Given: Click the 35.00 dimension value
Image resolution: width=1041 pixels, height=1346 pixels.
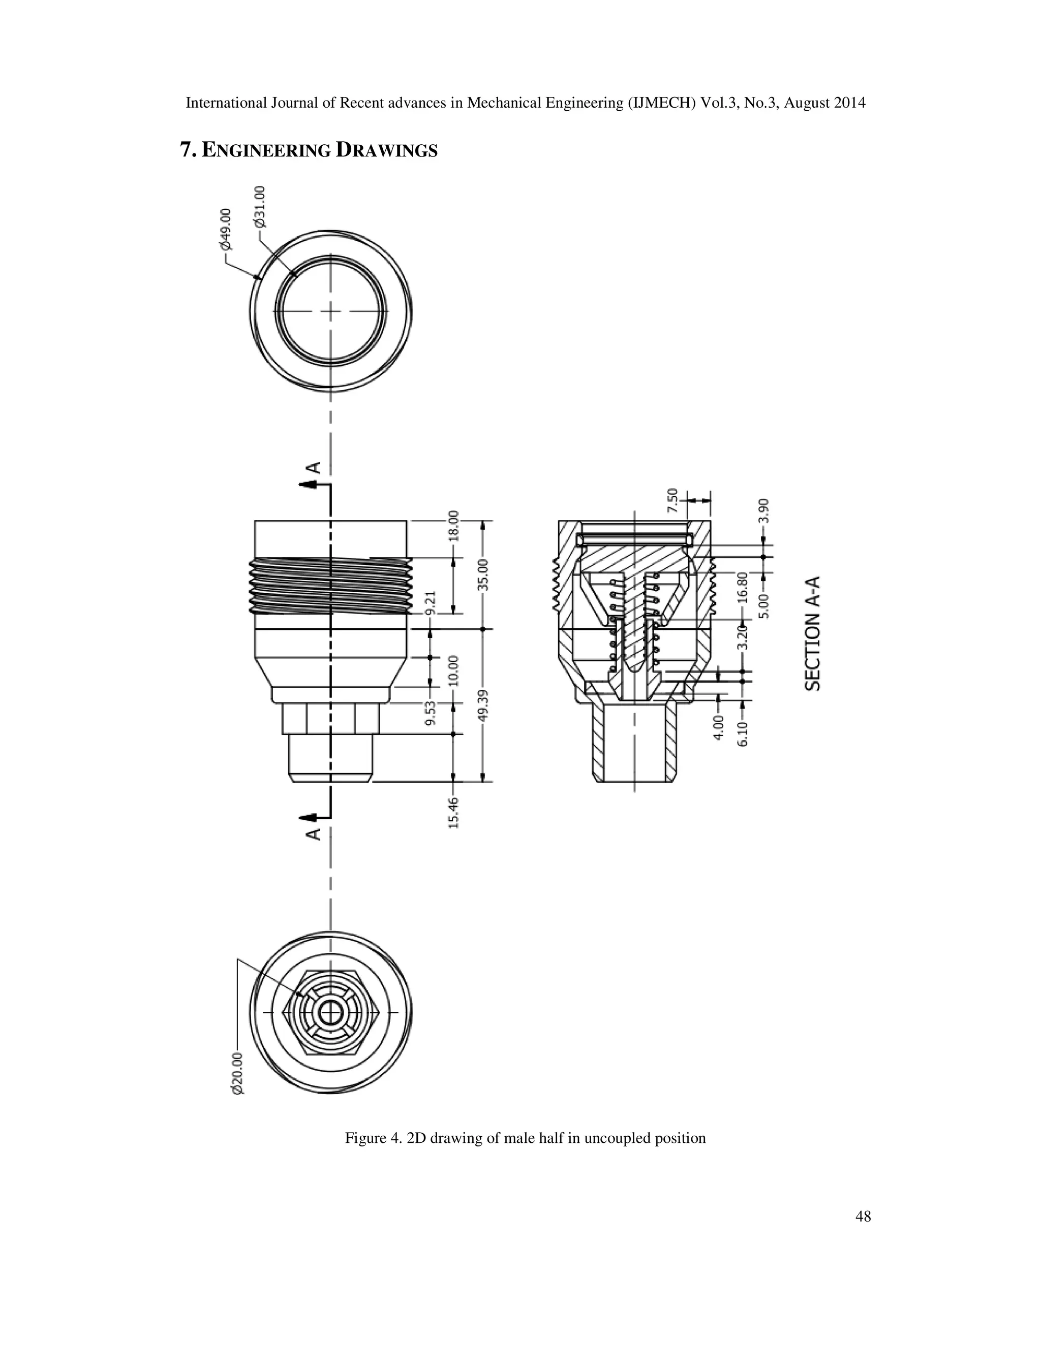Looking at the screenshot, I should coord(483,574).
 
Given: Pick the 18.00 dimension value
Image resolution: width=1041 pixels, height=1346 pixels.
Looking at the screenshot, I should coord(454,525).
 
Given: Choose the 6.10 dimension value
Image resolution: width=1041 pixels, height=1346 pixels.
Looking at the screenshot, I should coord(743,734).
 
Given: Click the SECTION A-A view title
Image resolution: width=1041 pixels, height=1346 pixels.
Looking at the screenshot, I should coord(814,633).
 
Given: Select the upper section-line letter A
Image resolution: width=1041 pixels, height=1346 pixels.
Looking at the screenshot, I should coord(314,467).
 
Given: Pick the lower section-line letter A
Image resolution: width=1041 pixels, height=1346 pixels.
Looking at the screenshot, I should coord(314,833).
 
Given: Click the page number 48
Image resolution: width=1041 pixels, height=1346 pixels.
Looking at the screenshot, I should coord(864,1215).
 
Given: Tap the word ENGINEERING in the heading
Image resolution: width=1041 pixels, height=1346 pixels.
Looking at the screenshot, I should coord(266,150).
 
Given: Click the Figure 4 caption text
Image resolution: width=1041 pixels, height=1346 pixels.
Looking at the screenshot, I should coord(525,1138).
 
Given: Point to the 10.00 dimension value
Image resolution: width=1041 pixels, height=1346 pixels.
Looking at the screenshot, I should coord(454,670).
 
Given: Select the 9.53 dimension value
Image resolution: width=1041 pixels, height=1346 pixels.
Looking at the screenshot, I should coord(431,713).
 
